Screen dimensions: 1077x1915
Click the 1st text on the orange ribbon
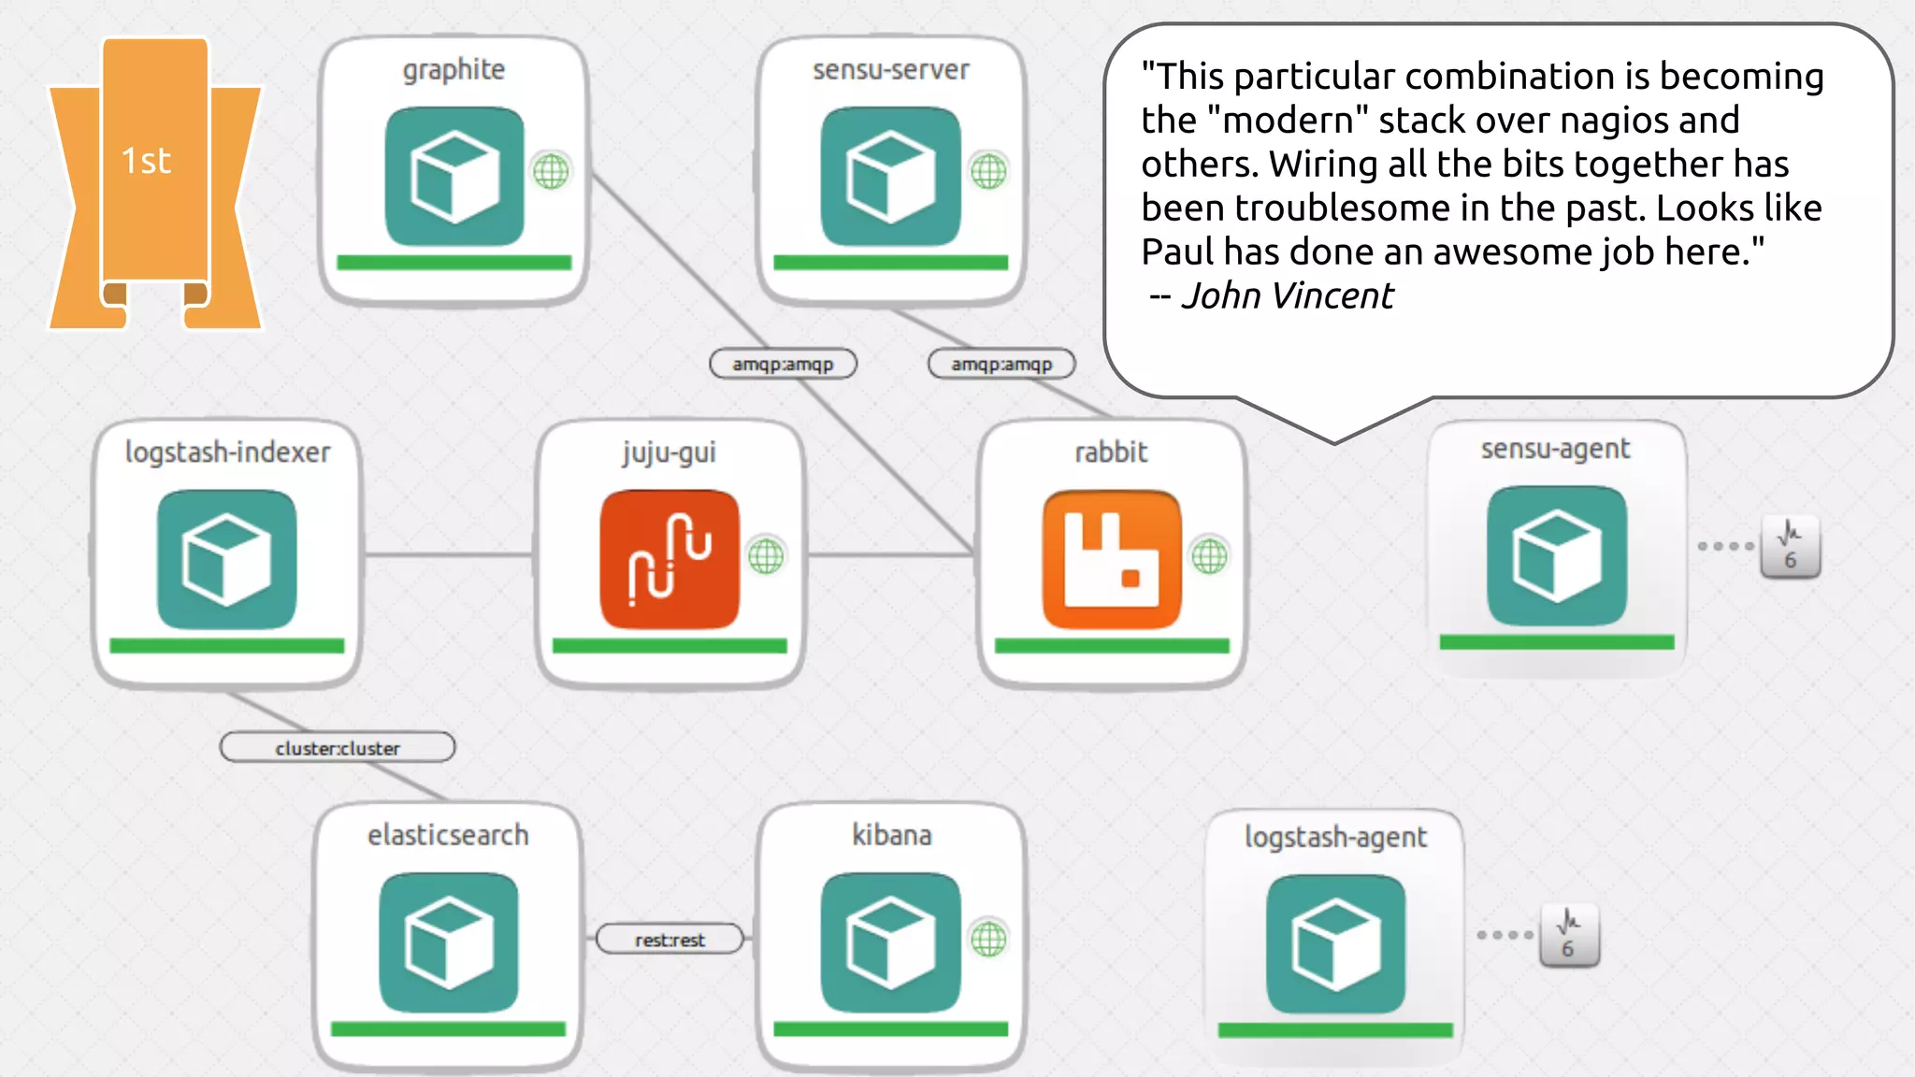[x=147, y=161]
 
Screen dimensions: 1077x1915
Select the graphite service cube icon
[x=454, y=176]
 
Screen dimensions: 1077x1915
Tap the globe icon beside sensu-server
[x=988, y=171]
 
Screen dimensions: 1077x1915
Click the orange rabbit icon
[x=1112, y=559]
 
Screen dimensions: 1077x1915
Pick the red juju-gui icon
[x=670, y=559]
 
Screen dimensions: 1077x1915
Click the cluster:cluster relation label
[x=338, y=748]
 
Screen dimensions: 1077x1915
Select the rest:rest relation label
[x=670, y=940]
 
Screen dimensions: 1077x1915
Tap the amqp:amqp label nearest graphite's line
[x=783, y=364]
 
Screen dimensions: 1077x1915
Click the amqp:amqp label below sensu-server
[x=1001, y=364]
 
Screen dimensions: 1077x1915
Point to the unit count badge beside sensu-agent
[x=1790, y=547]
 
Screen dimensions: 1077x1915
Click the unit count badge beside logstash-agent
[x=1569, y=936]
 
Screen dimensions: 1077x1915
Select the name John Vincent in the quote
[x=1287, y=296]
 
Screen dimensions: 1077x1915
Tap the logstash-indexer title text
[x=227, y=452]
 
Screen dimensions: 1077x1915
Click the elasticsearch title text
[x=448, y=835]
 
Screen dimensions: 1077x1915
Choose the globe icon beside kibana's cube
[x=988, y=939]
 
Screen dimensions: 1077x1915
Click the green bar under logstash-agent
[x=1335, y=1030]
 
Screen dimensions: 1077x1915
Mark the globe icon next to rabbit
[x=1209, y=556]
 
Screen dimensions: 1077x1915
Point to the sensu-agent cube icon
[x=1557, y=556]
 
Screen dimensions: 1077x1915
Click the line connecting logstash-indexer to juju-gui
[x=447, y=555]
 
